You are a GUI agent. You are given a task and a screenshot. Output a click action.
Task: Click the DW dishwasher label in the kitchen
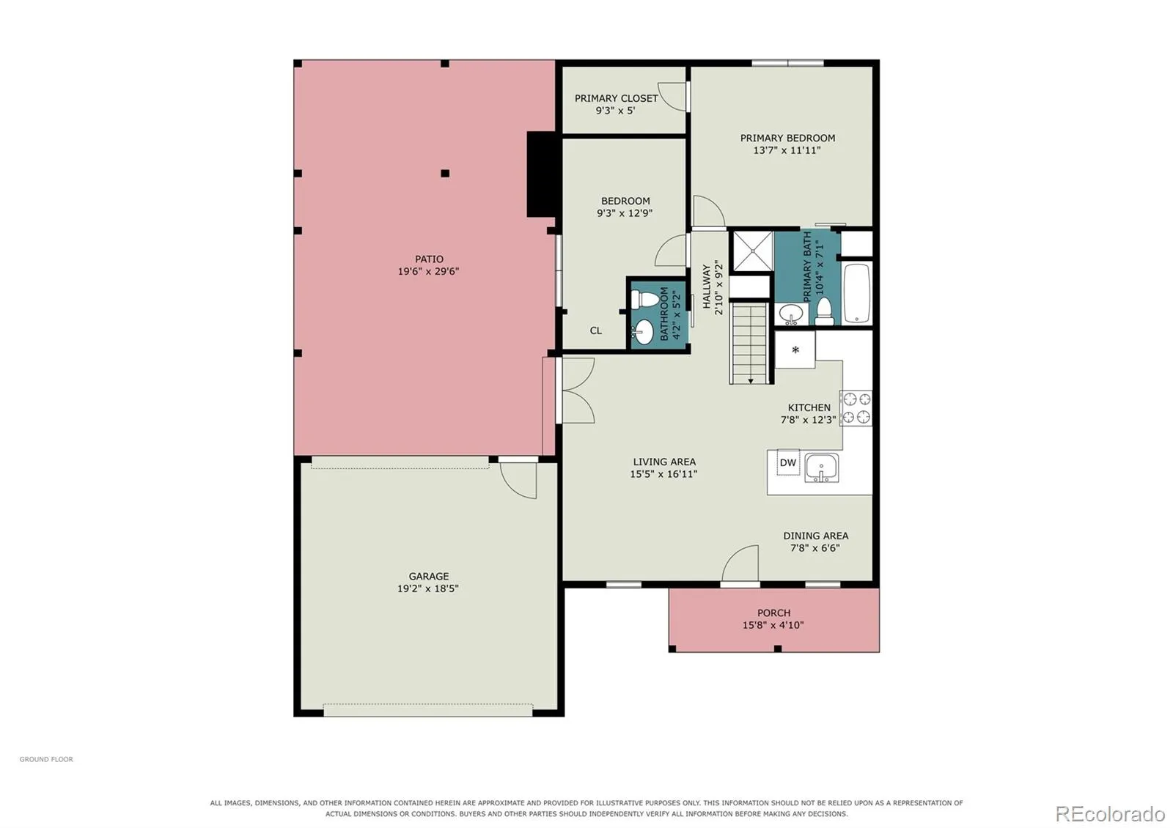(x=787, y=462)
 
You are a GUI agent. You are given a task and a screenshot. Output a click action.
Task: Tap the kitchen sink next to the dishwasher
(x=822, y=467)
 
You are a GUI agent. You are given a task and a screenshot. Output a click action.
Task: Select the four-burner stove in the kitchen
(x=856, y=408)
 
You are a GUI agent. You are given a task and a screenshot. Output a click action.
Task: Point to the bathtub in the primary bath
(x=857, y=293)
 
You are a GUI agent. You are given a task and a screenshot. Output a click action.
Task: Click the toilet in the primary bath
(x=824, y=311)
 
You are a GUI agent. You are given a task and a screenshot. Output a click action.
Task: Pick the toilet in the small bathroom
(x=644, y=300)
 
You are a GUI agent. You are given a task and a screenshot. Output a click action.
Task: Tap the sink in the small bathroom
(x=642, y=333)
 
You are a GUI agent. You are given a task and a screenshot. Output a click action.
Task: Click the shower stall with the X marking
(x=752, y=251)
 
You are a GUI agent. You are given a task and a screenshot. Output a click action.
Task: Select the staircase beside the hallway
(x=751, y=344)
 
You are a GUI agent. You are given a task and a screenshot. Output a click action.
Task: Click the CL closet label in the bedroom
(x=596, y=330)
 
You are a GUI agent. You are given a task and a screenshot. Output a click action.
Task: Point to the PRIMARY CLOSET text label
(x=617, y=98)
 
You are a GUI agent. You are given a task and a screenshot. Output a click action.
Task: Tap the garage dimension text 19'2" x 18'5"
(x=428, y=589)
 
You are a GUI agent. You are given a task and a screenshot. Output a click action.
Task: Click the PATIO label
(x=429, y=259)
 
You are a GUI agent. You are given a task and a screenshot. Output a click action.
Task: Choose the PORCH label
(x=773, y=613)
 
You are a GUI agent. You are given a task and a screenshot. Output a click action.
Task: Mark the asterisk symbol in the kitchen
(x=795, y=350)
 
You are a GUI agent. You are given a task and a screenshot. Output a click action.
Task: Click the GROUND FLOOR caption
(x=46, y=759)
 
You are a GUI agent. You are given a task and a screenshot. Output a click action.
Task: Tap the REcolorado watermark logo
(x=1110, y=814)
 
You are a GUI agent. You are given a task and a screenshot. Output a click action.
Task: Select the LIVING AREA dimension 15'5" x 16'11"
(x=663, y=474)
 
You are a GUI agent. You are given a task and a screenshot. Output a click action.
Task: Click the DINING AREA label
(x=816, y=536)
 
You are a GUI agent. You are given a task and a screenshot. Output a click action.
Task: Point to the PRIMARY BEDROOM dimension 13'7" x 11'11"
(x=787, y=151)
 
